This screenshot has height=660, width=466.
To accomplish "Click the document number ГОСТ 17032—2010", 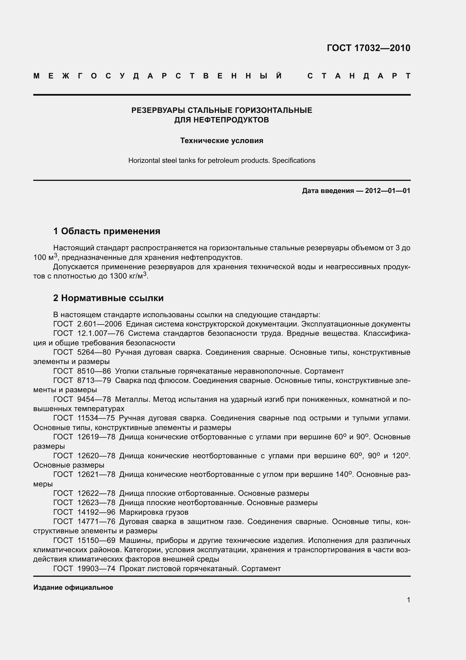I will point(368,48).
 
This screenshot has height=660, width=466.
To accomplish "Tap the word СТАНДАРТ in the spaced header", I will point(359,76).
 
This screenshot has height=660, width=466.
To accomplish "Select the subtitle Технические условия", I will point(222,141).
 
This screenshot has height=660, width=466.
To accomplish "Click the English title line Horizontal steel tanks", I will point(222,160).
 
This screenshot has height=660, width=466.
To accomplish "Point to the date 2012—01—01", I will point(387,190).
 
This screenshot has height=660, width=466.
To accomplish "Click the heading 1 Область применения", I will point(107,231).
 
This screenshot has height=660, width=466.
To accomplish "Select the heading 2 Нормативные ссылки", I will point(108,298).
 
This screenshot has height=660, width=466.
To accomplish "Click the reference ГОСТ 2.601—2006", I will point(87,324).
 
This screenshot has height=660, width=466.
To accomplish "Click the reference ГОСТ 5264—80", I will point(82,352).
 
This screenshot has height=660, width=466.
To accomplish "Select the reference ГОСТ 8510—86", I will point(82,371).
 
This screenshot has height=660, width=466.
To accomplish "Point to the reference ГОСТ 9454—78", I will point(82,399).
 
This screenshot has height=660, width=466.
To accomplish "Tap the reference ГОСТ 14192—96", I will point(84,512).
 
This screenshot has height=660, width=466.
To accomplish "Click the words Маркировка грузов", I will point(154,512).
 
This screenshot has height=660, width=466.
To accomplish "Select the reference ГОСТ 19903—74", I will point(84,568).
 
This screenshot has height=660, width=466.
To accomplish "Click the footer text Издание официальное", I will point(73,587).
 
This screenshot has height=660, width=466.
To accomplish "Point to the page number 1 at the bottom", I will point(408,600).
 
